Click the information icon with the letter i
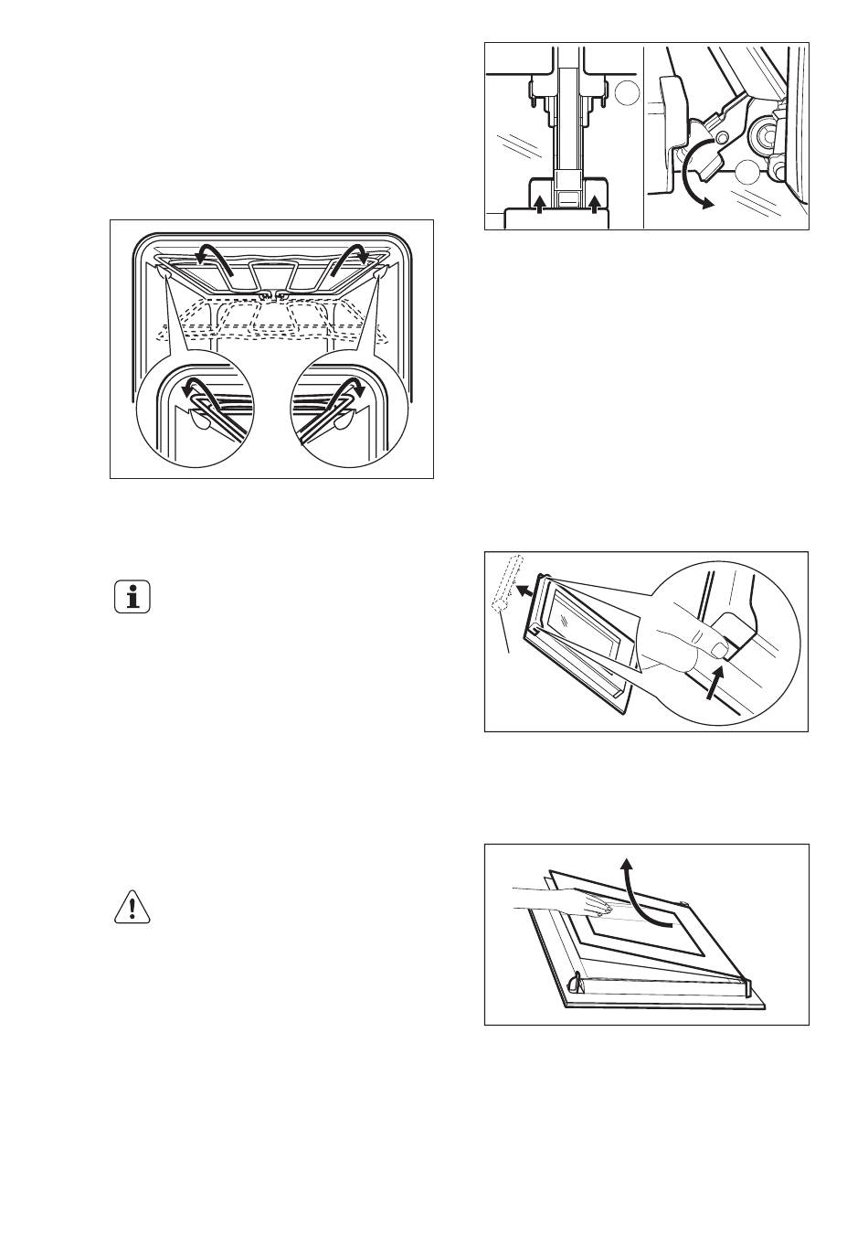coord(133,599)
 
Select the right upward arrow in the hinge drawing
coord(595,203)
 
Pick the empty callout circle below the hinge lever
coord(746,170)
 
